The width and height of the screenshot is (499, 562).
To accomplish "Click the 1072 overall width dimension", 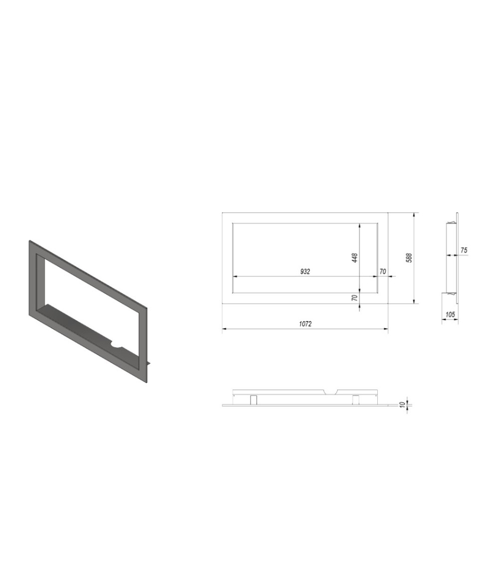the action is coord(305,324).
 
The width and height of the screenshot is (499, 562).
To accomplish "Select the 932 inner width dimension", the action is coord(305,271).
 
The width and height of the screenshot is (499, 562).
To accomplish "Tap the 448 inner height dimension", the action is coord(355,258).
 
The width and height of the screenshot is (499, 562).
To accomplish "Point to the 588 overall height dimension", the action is coord(409,258).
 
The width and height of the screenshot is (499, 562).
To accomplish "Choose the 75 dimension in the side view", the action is coord(464,250).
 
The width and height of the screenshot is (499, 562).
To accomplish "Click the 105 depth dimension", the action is coord(450,314).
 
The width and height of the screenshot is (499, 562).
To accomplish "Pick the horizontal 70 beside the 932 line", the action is coord(383,271).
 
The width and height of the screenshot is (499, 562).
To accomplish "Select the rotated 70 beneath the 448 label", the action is coord(355,298).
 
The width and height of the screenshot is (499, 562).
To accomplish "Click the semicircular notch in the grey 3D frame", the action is coord(117,344).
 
